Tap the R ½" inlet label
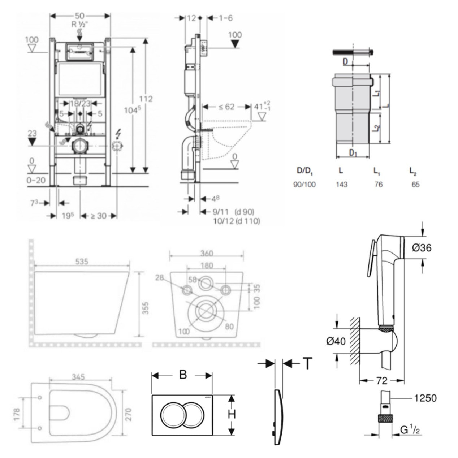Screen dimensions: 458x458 80,25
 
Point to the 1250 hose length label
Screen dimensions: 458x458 424,398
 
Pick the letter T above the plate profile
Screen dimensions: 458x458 307,363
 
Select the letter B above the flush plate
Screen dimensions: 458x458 183,375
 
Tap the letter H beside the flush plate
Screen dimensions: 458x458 232,414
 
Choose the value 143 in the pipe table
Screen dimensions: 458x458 341,185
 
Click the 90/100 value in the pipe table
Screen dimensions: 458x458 304,185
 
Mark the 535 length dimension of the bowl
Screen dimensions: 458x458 82,261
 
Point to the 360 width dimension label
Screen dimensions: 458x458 206,253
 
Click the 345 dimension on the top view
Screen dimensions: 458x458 78,377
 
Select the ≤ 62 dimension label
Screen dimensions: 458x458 227,107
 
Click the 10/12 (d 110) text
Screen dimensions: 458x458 236,221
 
